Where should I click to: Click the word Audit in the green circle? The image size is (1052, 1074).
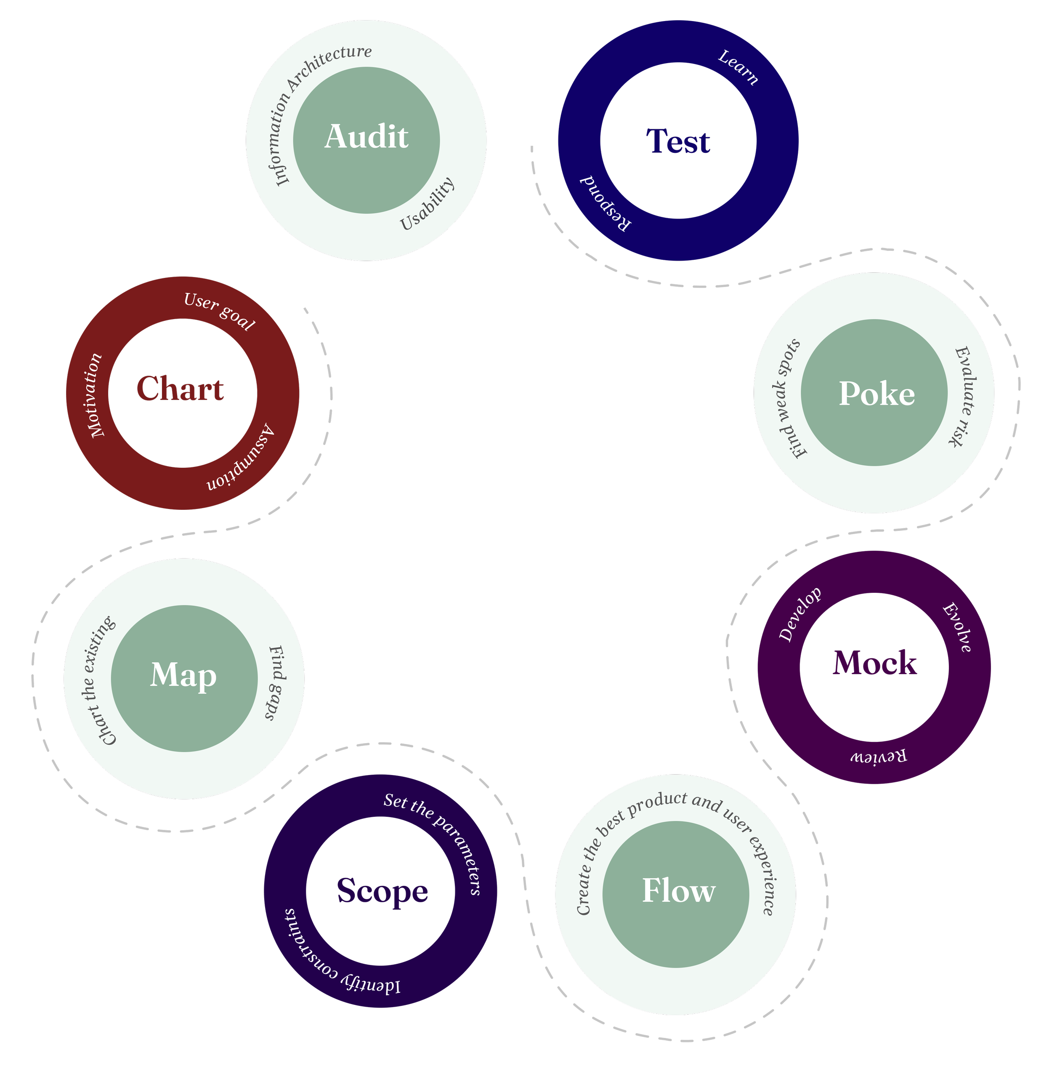(x=367, y=137)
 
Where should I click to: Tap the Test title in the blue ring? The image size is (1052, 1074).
(x=678, y=141)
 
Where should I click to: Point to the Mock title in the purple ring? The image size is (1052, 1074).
(x=875, y=664)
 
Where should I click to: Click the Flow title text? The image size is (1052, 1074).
(x=678, y=891)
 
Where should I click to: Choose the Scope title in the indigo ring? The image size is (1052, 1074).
(x=383, y=891)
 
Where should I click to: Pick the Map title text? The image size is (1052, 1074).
(x=183, y=675)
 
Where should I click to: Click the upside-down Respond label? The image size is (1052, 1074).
(x=604, y=204)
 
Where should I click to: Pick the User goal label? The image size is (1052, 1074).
(x=219, y=311)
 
